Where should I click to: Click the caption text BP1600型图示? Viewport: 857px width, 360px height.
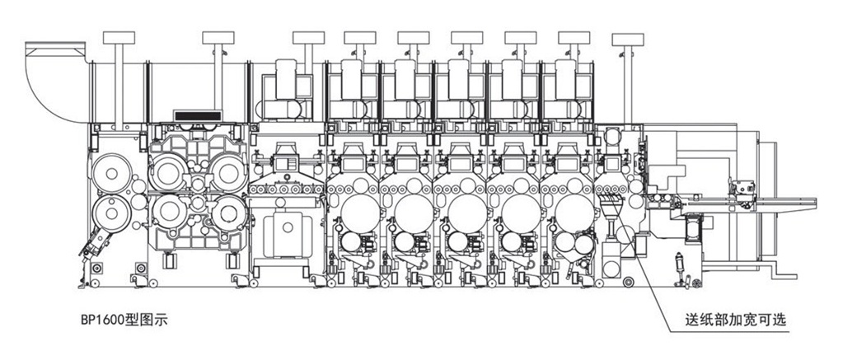[x=124, y=320]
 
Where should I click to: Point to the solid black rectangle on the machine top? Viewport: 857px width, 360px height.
[x=198, y=116]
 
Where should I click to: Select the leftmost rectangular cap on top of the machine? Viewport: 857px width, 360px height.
[x=119, y=38]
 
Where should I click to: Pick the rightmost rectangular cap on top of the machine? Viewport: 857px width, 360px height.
[x=628, y=40]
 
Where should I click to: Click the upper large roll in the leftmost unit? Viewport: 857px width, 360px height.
[x=112, y=173]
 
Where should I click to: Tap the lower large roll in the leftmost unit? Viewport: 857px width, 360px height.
[x=112, y=213]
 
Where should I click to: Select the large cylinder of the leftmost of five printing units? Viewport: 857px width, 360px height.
[x=359, y=213]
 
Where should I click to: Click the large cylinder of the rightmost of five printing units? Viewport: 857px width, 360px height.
[x=574, y=213]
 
